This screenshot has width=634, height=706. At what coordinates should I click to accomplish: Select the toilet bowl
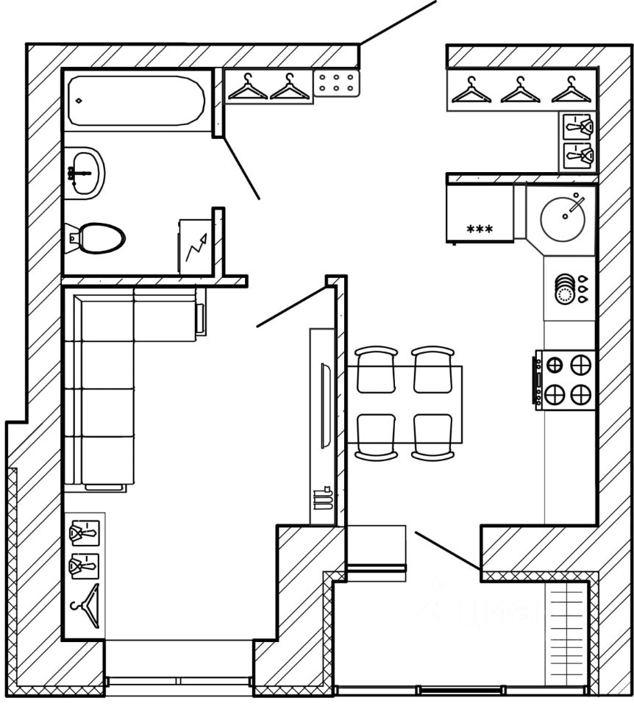tap(99, 237)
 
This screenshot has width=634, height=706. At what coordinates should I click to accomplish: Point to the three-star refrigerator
tap(480, 213)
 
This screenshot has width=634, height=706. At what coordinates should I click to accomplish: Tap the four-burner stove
tap(566, 379)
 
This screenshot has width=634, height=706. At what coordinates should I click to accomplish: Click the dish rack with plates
tap(564, 288)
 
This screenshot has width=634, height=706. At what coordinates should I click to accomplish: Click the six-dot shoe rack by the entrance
tap(338, 84)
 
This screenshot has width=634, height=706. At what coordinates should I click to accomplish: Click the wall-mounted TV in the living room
tap(323, 426)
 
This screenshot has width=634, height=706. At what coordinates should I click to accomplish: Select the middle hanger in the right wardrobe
tap(519, 91)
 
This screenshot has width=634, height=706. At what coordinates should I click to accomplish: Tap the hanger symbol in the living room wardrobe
tap(85, 605)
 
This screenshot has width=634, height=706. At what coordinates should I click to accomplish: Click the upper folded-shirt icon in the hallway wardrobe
tap(577, 126)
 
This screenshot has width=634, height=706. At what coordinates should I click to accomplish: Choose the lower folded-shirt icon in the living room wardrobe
tap(83, 566)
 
